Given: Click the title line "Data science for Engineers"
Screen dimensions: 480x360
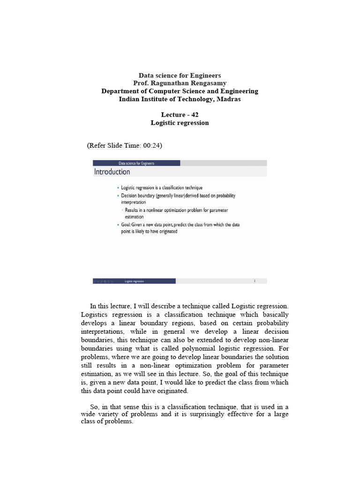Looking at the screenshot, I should coord(180,75).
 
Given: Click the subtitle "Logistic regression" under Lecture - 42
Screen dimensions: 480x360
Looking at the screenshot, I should coord(180,123).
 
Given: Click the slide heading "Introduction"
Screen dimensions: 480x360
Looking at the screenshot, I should coord(112,172).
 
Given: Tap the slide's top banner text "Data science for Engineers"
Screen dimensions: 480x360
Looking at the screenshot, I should coord(136,163).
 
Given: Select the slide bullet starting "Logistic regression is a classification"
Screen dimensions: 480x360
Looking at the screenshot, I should coord(162,187).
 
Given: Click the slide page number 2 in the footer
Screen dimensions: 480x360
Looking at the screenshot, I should coord(255,281).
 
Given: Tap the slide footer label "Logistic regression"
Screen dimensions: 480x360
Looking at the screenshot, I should coord(135,281).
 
